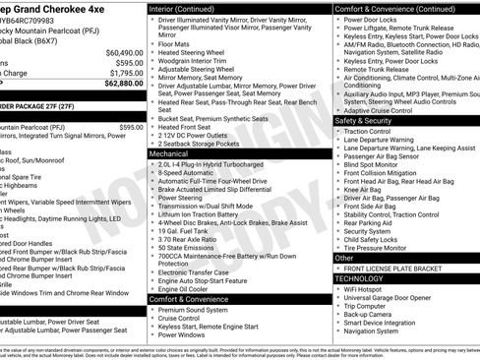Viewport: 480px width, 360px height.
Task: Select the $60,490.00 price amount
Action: [124, 52]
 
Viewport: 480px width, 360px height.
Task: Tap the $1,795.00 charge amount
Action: [126, 73]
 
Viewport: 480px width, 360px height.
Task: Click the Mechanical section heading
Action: [169, 154]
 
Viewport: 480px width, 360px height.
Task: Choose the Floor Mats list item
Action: [175, 43]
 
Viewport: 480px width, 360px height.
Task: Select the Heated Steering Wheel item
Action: [192, 52]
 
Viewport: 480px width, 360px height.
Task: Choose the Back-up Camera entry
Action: [372, 315]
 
